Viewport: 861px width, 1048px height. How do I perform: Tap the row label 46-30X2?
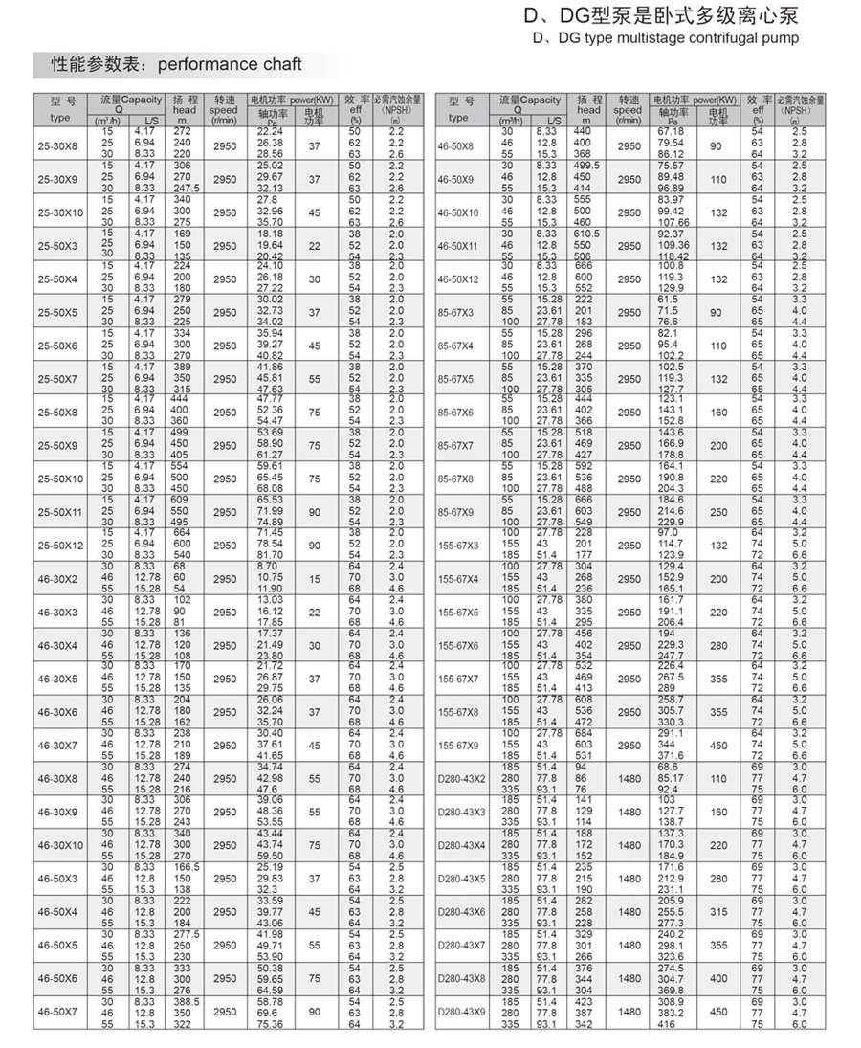pyautogui.click(x=57, y=578)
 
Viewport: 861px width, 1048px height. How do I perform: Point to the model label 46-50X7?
pyautogui.click(x=57, y=1012)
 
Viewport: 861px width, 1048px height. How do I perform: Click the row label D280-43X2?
pyautogui.click(x=461, y=779)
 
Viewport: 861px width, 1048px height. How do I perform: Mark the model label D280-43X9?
pyautogui.click(x=461, y=1012)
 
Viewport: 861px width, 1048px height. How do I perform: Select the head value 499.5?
pyautogui.click(x=586, y=165)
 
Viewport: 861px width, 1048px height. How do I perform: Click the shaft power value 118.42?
pyautogui.click(x=673, y=256)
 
